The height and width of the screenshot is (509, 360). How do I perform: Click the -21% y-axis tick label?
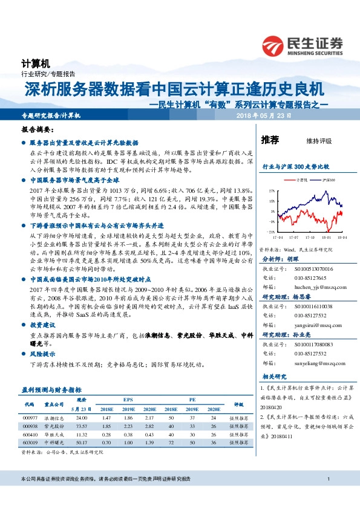click(x=271, y=232)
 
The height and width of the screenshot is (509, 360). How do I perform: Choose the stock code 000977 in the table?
click(x=30, y=417)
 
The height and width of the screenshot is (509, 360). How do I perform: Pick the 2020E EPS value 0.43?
click(x=149, y=434)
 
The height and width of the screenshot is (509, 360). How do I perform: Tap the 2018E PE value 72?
click(x=172, y=443)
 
